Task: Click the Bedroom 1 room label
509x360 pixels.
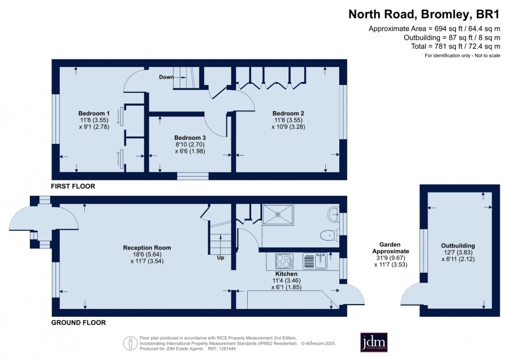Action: tap(94, 113)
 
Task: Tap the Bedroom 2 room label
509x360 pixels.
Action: tap(288, 113)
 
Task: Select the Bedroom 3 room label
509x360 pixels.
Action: tap(190, 138)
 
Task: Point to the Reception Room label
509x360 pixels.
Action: tap(147, 247)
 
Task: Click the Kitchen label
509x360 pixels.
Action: tap(286, 274)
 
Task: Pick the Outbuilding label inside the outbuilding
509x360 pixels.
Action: tap(458, 246)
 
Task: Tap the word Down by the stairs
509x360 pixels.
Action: tap(166, 77)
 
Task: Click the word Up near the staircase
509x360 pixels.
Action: tap(221, 258)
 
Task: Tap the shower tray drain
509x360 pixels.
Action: tap(278, 215)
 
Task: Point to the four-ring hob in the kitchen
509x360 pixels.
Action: tap(284, 261)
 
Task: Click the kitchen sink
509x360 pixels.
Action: tap(316, 261)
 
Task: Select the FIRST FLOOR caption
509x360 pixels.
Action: tap(73, 186)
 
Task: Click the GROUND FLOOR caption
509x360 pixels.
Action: tap(79, 323)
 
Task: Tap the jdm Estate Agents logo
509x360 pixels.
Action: tap(374, 342)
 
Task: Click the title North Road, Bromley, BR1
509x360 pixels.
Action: tap(424, 14)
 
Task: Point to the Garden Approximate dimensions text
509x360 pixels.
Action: tap(390, 255)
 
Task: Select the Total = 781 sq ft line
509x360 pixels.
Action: tap(455, 46)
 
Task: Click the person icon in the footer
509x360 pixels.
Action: tap(131, 343)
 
